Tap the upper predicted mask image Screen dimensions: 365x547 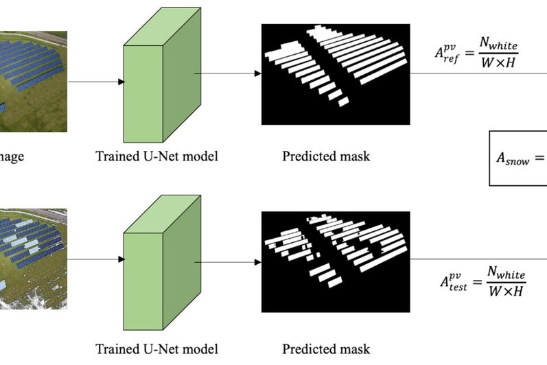click(x=335, y=74)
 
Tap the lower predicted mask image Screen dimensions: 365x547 click(x=335, y=261)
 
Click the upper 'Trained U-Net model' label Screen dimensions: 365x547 click(x=156, y=156)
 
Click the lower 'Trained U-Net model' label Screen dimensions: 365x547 click(x=156, y=349)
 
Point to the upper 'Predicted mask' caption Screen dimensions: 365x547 click(x=326, y=156)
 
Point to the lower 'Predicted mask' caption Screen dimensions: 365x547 click(x=326, y=349)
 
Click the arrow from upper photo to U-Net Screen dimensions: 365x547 click(x=96, y=82)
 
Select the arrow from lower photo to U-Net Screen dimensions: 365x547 click(x=96, y=259)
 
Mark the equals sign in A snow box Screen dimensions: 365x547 click(x=539, y=158)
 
